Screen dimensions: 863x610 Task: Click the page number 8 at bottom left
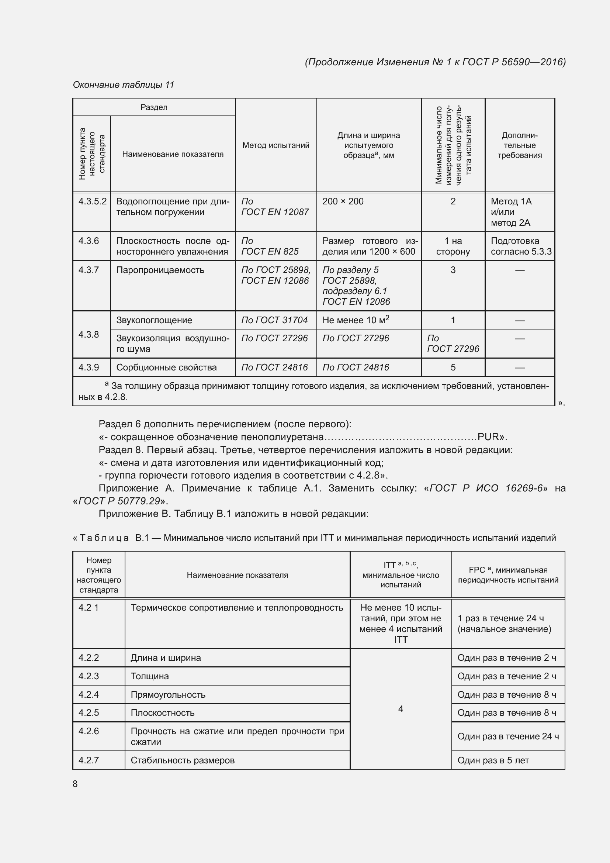(75, 784)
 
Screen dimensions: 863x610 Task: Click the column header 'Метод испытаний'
(276, 145)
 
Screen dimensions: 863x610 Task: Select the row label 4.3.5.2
(93, 201)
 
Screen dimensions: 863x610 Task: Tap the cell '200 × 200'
(343, 201)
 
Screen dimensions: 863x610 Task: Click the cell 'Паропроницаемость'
(160, 270)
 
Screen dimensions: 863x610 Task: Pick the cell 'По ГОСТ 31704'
(274, 320)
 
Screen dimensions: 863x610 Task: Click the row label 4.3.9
(89, 367)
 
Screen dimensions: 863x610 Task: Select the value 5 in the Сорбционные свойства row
(453, 367)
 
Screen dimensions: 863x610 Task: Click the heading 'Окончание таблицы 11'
(124, 85)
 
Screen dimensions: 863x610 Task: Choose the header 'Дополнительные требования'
(520, 145)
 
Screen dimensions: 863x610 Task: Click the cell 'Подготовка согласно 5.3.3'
(521, 246)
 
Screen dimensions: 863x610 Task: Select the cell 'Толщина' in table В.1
(150, 676)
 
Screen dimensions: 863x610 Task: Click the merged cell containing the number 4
(401, 709)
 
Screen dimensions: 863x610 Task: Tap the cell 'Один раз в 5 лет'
(493, 760)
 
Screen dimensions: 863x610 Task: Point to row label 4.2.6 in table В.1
(89, 731)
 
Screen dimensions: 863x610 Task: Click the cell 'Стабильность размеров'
(183, 760)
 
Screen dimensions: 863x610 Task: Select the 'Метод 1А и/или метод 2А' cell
(511, 212)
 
